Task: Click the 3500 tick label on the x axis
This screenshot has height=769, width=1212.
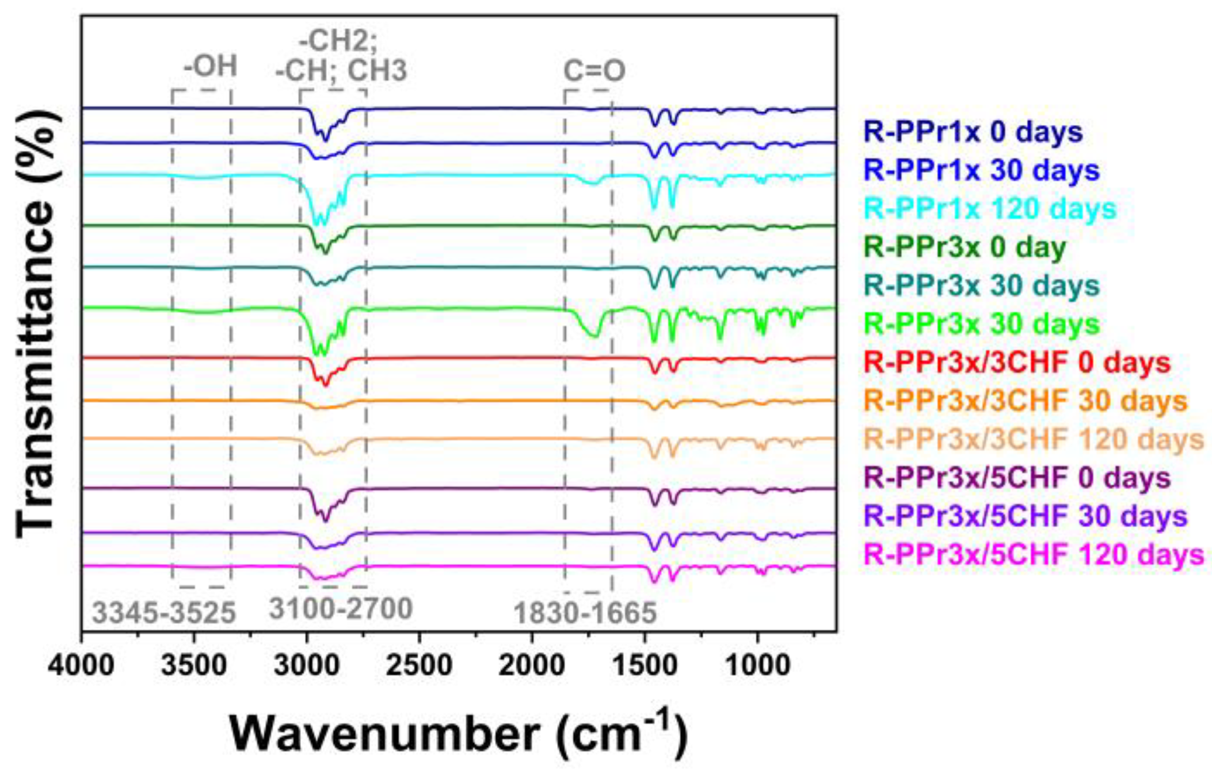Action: click(194, 666)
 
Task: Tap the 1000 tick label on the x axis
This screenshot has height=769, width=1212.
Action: click(757, 666)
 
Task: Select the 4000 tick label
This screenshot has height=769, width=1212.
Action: click(81, 666)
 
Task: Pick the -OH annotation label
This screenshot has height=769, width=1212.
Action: click(210, 66)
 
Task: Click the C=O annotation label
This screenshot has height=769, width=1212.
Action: click(594, 71)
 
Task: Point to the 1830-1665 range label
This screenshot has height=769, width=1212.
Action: click(585, 613)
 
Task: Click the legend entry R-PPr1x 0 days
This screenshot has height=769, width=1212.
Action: click(973, 132)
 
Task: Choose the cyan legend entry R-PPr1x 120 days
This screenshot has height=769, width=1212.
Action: click(990, 208)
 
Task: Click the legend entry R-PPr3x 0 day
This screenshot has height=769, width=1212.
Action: click(965, 247)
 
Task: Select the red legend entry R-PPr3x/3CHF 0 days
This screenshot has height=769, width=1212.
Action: click(1017, 363)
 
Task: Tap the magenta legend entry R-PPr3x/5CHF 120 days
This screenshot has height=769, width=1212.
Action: click(1034, 554)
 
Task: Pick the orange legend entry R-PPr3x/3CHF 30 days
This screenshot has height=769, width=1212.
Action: click(1026, 401)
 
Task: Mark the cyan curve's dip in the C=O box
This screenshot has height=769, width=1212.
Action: click(592, 182)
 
